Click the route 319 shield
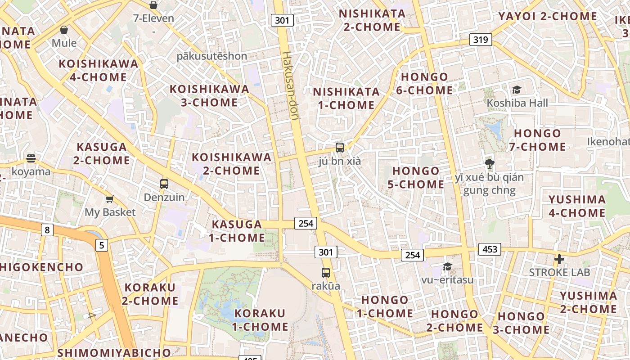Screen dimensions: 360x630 [481, 40]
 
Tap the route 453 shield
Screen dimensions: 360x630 [490, 249]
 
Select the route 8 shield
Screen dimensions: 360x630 [47, 230]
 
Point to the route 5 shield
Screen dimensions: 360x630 [102, 245]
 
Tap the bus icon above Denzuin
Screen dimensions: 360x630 [164, 184]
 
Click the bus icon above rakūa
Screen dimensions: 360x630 [326, 272]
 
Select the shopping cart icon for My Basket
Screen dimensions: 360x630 [109, 199]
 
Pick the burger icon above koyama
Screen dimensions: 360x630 [31, 158]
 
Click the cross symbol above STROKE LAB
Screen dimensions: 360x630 [559, 259]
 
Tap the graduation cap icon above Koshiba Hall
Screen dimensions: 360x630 [517, 90]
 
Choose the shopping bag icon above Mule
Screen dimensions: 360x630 [64, 30]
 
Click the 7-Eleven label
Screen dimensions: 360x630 [153, 18]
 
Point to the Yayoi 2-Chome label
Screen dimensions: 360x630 [548, 17]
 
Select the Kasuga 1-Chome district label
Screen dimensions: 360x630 [237, 231]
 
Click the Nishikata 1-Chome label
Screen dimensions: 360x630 [346, 99]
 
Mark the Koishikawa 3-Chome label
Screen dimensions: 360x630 [209, 96]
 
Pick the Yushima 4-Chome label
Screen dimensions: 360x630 [577, 206]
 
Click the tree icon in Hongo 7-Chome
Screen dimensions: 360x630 [489, 163]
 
